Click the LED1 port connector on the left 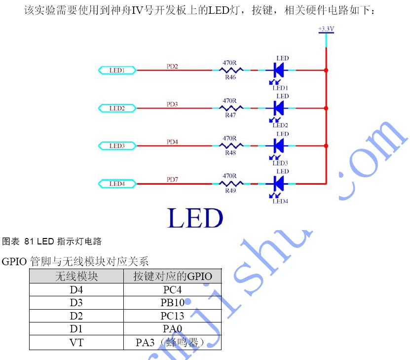[117, 71]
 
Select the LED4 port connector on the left [117, 184]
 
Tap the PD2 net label [172, 67]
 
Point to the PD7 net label [172, 179]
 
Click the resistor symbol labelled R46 [231, 70]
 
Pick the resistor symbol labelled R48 [231, 146]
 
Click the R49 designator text [230, 191]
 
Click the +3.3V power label [326, 29]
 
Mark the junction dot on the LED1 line [326, 71]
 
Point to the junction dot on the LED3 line [326, 146]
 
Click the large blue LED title [195, 218]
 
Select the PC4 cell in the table [172, 289]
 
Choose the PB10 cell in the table [172, 303]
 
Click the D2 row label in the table [76, 316]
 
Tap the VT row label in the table [76, 343]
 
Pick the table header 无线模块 [76, 276]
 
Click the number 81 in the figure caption [29, 241]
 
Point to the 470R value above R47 [229, 101]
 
